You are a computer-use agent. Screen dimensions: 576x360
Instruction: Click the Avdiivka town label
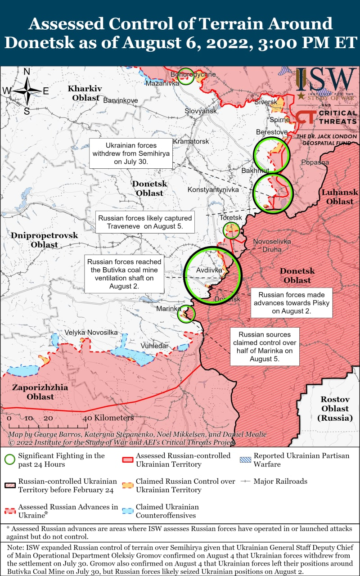[x=209, y=270]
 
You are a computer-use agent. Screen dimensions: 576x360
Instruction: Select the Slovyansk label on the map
[x=201, y=111]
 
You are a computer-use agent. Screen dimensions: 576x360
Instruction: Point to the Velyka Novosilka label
[x=91, y=332]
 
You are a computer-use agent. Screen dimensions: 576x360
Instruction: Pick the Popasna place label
[x=315, y=162]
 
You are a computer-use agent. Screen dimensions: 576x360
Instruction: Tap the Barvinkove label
[x=121, y=100]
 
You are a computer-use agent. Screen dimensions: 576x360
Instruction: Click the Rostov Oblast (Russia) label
[x=335, y=409]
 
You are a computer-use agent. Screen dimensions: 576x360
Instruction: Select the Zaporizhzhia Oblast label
[x=40, y=392]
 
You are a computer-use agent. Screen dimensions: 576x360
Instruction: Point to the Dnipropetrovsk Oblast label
[x=45, y=240]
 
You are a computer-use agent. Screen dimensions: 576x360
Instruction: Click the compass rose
[x=27, y=91]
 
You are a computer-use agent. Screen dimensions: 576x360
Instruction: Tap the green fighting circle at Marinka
[x=187, y=314]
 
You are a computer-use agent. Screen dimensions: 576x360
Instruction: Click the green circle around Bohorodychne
[x=185, y=76]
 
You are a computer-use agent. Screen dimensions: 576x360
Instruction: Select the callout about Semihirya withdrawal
[x=131, y=153]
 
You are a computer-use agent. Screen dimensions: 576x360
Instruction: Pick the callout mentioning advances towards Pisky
[x=292, y=303]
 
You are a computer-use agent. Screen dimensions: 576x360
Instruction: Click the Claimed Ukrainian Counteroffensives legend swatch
[x=128, y=511]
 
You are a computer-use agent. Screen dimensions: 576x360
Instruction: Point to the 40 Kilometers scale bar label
[x=108, y=418]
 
